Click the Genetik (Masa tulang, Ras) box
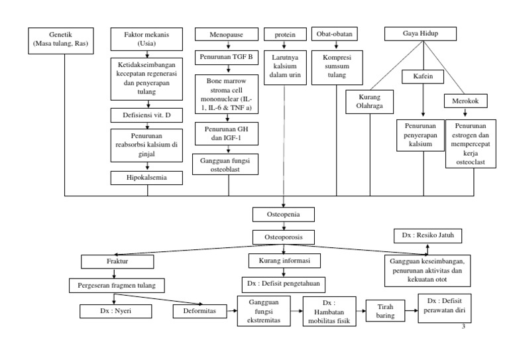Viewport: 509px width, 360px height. [x=61, y=40]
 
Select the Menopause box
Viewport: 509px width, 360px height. [x=227, y=34]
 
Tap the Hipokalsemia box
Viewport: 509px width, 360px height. [x=146, y=178]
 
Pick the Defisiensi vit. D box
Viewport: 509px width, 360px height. [x=146, y=115]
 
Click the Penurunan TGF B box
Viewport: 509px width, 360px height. [x=227, y=58]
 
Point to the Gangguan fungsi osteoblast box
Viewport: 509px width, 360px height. [x=225, y=164]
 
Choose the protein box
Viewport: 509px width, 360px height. [x=285, y=34]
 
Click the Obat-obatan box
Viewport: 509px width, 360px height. [x=334, y=34]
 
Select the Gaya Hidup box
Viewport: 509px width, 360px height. [x=420, y=34]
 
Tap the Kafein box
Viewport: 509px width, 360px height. [x=423, y=77]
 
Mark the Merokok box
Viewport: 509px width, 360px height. [x=465, y=101]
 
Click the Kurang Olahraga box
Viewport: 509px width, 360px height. [x=369, y=102]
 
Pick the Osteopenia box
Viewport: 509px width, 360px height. [x=284, y=215]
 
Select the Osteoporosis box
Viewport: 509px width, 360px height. [x=284, y=237]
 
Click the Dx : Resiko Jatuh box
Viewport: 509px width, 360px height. [x=428, y=235]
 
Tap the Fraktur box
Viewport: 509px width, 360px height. [x=117, y=262]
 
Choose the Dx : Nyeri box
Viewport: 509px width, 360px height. [x=115, y=312]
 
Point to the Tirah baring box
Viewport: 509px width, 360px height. [x=385, y=311]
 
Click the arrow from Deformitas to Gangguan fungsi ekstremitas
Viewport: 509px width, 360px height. [x=232, y=311]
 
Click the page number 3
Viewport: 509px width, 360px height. [x=463, y=327]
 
